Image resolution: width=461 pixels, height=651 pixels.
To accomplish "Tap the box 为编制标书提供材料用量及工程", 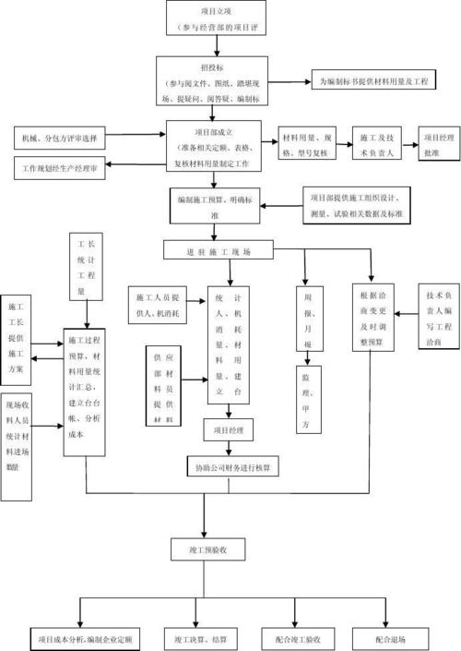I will click(x=372, y=81).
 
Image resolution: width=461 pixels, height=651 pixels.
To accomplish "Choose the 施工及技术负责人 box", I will click(x=378, y=144).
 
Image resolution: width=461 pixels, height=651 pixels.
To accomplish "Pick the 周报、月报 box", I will click(x=307, y=320).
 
